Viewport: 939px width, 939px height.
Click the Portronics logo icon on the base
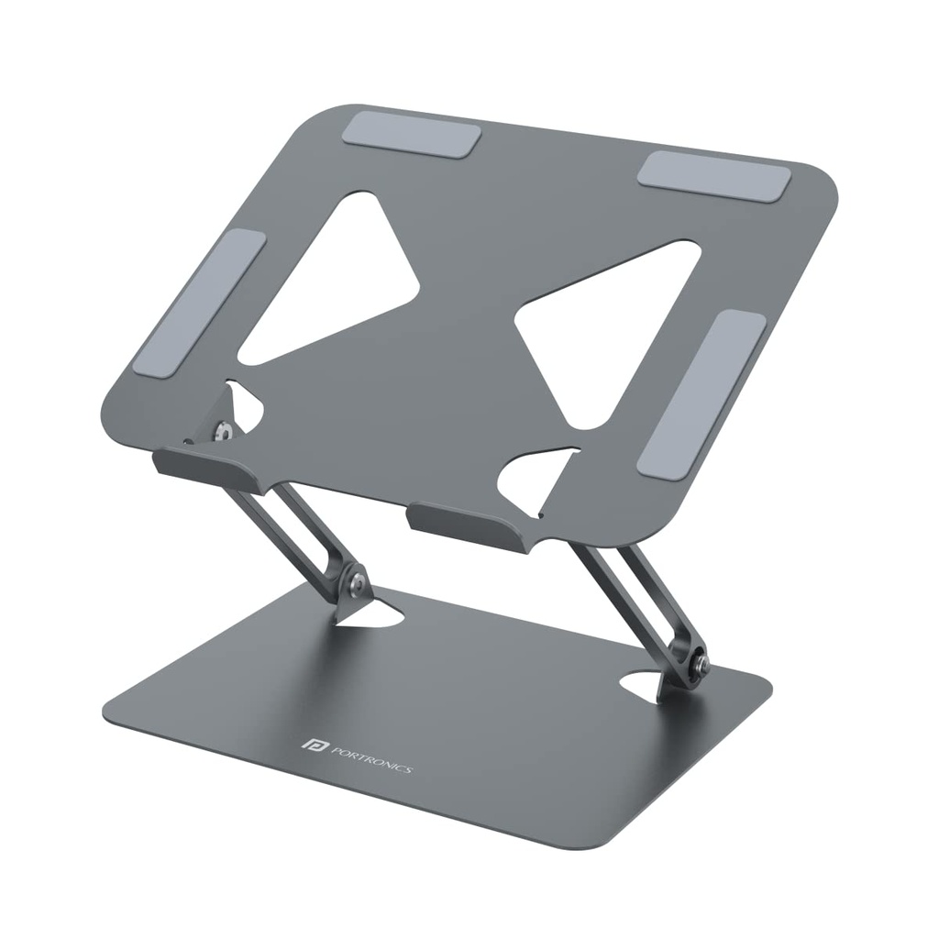click(x=308, y=745)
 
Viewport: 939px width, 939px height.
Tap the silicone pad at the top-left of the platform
click(x=412, y=137)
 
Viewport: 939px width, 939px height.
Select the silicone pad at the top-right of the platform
click(x=714, y=176)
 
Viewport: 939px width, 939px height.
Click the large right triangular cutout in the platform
click(x=605, y=330)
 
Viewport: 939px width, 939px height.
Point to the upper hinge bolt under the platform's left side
click(x=220, y=429)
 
